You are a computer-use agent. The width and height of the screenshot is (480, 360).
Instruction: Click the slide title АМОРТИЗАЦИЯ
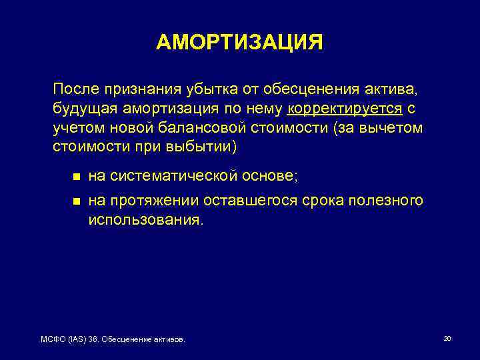click(x=239, y=42)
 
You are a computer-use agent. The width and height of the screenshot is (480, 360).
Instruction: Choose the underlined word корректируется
click(x=345, y=109)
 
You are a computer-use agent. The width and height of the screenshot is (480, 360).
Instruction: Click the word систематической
click(x=174, y=177)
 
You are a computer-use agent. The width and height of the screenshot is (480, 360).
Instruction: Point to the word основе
click(x=271, y=177)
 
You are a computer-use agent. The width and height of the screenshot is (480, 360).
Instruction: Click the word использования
click(x=143, y=220)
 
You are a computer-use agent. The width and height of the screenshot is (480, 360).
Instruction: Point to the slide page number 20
click(x=447, y=339)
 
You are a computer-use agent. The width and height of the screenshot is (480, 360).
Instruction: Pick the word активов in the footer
click(x=169, y=340)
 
